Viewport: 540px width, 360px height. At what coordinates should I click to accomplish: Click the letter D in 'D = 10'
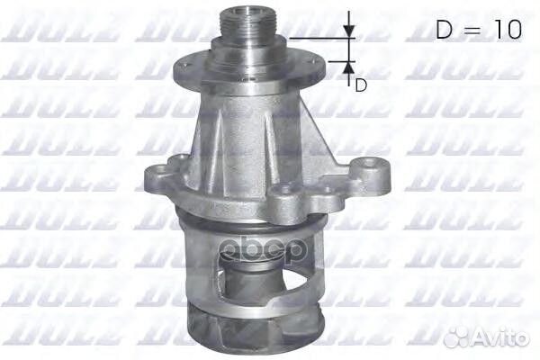coord(445,30)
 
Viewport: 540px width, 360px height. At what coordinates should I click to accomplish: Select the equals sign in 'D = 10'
coord(472,31)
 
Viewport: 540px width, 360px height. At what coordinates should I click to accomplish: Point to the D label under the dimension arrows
coord(361,85)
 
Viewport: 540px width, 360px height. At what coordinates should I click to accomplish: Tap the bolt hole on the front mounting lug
coord(286,191)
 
